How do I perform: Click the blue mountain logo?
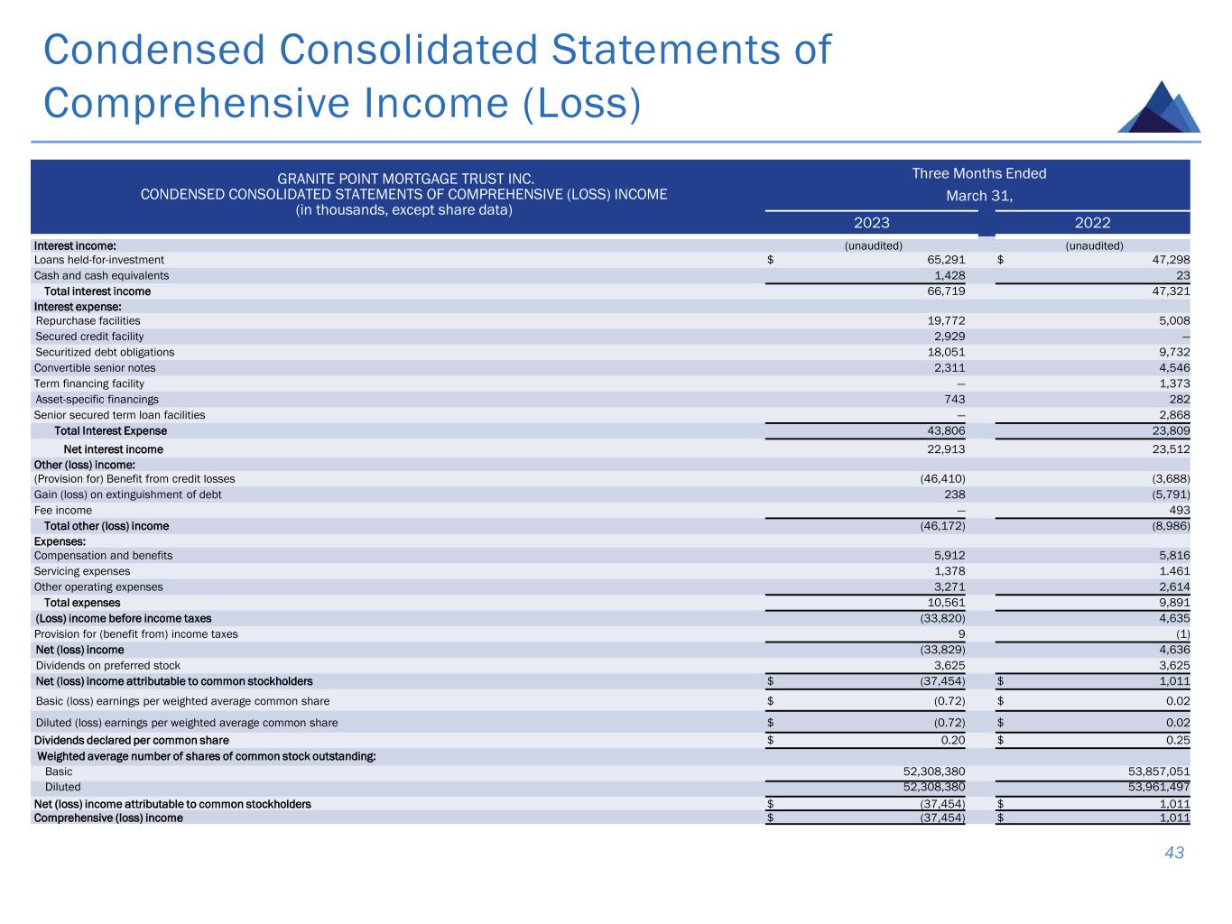tap(1160, 108)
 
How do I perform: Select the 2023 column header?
tap(871, 223)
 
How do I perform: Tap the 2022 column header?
tap(1092, 223)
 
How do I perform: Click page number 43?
tap(1174, 853)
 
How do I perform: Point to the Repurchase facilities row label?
tap(88, 320)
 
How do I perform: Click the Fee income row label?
tap(62, 510)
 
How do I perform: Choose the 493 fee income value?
tap(1179, 510)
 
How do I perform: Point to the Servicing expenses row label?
tap(81, 571)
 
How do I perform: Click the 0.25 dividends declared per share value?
tap(1177, 740)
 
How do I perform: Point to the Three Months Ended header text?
tap(979, 173)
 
